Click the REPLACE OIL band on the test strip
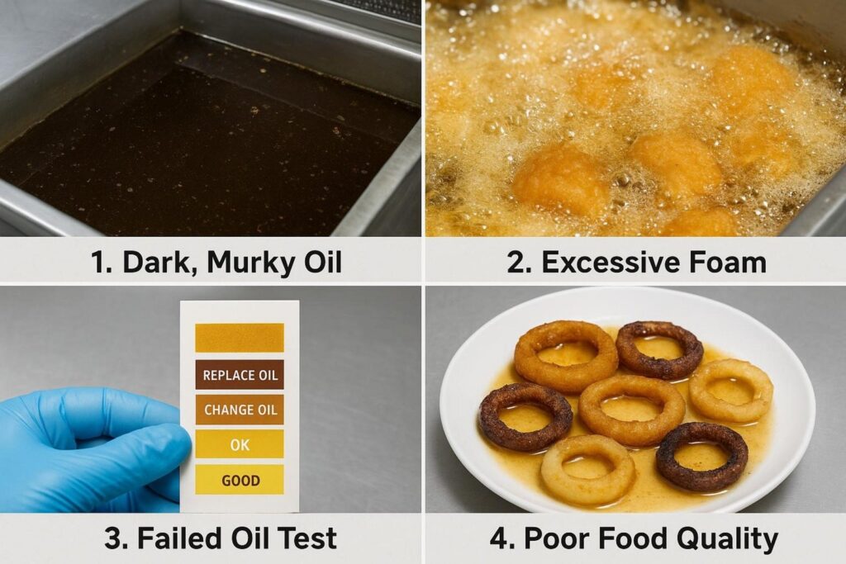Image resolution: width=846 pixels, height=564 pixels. point(240,375)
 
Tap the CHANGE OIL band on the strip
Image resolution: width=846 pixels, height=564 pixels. point(240,410)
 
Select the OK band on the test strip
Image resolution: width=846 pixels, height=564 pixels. point(240,444)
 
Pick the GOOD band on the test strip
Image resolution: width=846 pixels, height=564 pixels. point(240,479)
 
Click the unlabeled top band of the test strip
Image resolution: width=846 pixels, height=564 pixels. point(240,338)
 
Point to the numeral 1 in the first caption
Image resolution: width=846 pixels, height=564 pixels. point(98,263)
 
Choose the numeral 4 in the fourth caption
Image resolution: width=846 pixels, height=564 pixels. point(500,538)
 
